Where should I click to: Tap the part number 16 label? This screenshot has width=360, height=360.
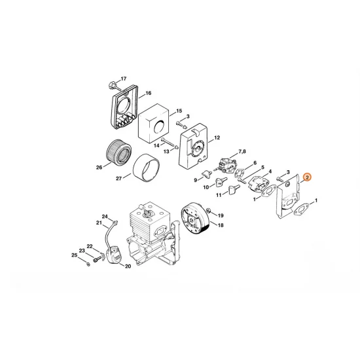(x=148, y=94)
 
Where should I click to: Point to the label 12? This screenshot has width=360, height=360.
(x=216, y=138)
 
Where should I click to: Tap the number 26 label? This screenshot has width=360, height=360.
(x=99, y=167)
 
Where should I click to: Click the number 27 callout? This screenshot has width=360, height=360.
(x=118, y=177)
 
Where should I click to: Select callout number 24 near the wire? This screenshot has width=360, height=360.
(x=104, y=217)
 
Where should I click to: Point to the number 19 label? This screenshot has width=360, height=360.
(x=220, y=215)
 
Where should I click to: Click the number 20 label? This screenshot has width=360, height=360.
(x=128, y=266)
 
